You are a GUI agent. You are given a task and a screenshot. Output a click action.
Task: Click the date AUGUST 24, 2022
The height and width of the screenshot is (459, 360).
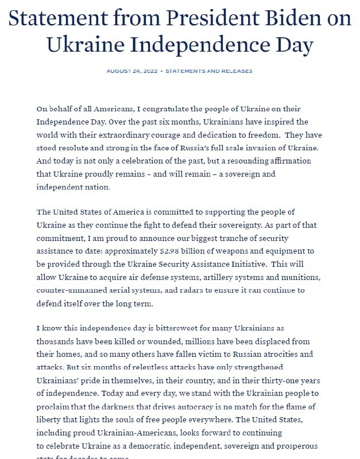pos(131,71)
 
